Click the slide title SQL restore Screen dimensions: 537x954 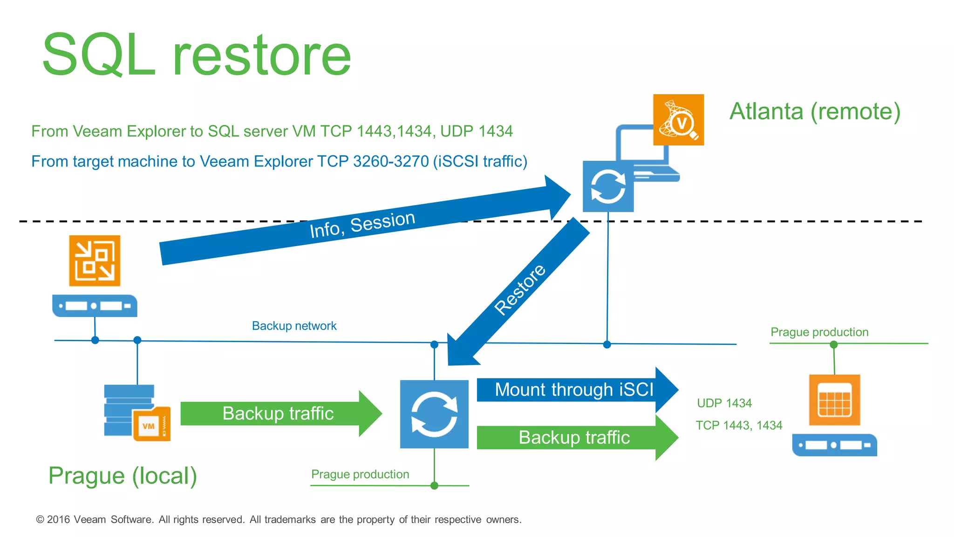click(x=196, y=55)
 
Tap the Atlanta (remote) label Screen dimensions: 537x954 click(x=814, y=111)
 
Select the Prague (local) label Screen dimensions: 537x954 click(x=123, y=476)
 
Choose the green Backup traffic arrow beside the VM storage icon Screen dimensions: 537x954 click(x=278, y=413)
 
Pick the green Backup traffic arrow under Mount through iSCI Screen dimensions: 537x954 click(x=574, y=438)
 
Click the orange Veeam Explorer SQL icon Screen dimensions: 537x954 click(x=678, y=120)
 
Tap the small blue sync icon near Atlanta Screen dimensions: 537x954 click(x=608, y=186)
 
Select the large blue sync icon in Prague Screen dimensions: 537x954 click(x=434, y=414)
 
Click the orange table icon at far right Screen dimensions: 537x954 click(x=834, y=400)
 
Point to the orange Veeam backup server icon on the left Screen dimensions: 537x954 click(x=95, y=261)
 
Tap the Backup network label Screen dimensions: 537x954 click(x=294, y=326)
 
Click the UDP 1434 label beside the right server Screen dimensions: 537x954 click(x=724, y=403)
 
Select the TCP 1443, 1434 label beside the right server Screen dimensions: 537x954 click(x=739, y=425)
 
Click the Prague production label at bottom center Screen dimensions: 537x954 click(x=360, y=474)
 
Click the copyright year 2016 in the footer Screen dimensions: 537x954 click(x=58, y=519)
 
